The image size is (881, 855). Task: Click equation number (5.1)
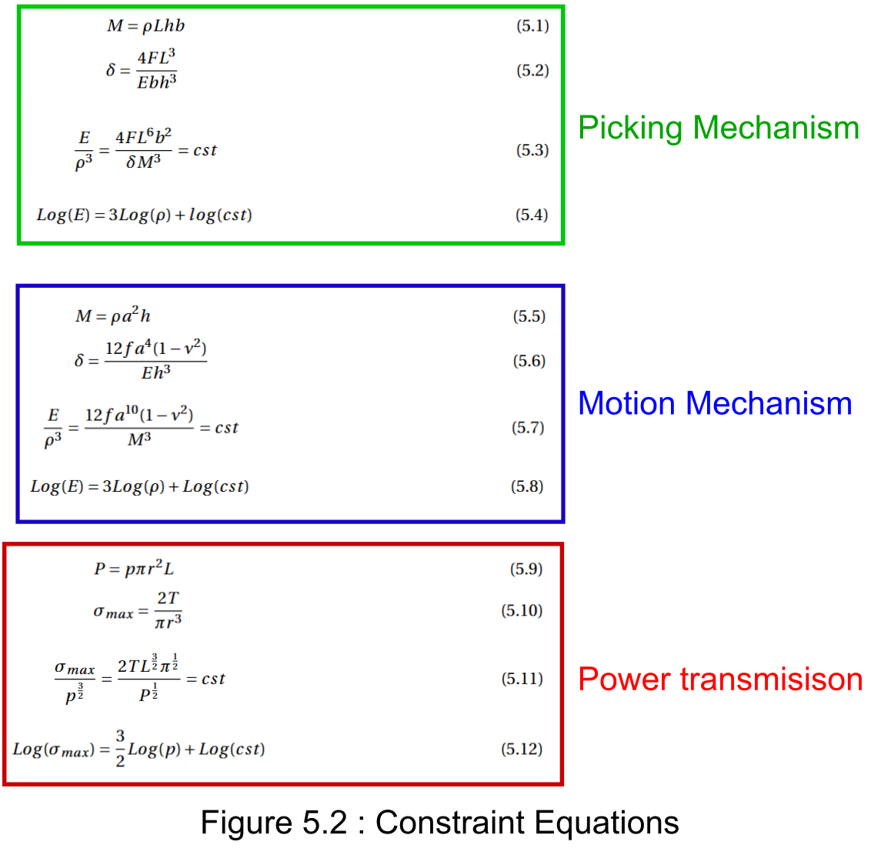coord(532,26)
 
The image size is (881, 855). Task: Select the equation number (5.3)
coord(532,150)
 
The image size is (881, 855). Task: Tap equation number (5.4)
coord(532,215)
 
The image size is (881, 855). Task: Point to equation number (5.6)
coord(529,361)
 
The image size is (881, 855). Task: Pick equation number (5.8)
coord(527,486)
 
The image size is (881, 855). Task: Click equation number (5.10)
coord(522,610)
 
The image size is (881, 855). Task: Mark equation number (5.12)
coord(522,749)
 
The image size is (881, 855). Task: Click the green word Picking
coord(630,129)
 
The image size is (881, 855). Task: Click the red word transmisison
coord(772,679)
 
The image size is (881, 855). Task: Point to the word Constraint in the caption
coord(449,823)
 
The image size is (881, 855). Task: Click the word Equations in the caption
coord(607,823)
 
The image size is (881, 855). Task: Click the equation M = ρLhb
coord(146,26)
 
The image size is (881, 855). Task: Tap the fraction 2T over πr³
coord(168,610)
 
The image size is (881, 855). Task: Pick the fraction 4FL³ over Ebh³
coord(157,70)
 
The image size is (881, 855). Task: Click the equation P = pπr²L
coord(134,568)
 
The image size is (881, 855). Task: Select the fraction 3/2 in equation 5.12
coord(120,749)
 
